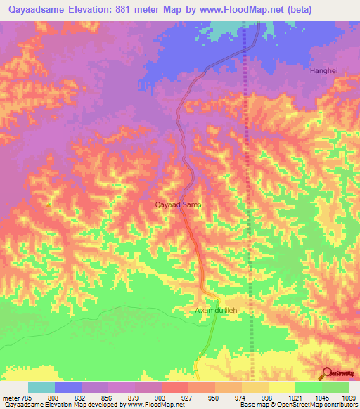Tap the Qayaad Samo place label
tap(178, 204)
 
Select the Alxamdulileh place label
tap(217, 309)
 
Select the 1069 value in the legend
tap(349, 397)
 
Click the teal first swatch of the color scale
tap(41, 387)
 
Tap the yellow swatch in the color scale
tap(282, 387)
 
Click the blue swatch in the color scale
tap(68, 387)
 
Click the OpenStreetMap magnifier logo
tap(326, 372)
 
